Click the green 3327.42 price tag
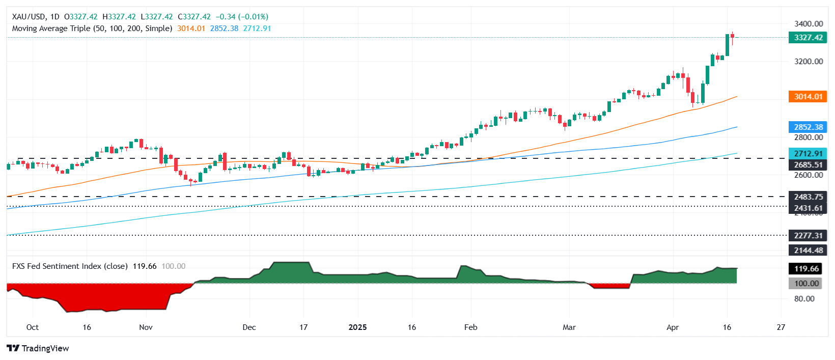pos(808,38)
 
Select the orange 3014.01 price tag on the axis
pos(808,97)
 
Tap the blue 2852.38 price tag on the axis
pos(808,127)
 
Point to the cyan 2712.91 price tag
pos(808,154)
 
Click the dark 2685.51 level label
pos(808,165)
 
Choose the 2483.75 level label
pos(808,197)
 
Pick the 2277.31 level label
pos(808,235)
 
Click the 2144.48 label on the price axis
pos(808,250)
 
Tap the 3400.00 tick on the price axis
pos(808,23)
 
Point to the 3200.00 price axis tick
pos(808,62)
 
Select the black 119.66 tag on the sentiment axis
pos(808,268)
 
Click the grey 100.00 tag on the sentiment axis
pos(808,284)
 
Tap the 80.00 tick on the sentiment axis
pos(804,299)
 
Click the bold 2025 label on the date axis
pos(357,327)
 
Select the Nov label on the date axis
pos(146,327)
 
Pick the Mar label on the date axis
pos(569,327)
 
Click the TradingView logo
pos(38,348)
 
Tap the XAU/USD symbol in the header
pos(29,17)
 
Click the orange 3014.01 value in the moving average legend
pos(191,29)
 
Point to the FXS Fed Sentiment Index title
pos(70,266)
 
